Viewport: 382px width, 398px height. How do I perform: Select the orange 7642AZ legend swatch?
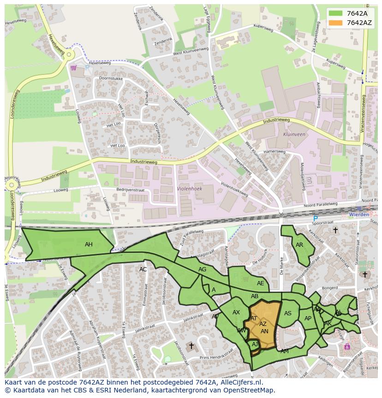click(336, 23)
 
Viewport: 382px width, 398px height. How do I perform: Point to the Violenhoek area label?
click(189, 189)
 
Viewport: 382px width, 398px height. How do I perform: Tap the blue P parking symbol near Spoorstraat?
click(316, 219)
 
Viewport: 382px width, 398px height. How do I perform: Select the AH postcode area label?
click(89, 245)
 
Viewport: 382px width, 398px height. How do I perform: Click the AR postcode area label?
click(299, 245)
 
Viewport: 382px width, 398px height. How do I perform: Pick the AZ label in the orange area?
click(263, 324)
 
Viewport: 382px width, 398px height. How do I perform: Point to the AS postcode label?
click(288, 313)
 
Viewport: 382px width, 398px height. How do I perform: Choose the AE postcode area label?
click(261, 283)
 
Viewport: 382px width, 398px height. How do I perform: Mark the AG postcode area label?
click(202, 269)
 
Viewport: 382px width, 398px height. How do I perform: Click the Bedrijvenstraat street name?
click(131, 190)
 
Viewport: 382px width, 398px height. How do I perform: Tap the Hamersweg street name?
click(275, 152)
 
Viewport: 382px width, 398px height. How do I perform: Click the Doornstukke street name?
click(109, 79)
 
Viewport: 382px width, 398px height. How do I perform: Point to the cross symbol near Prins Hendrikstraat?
click(191, 346)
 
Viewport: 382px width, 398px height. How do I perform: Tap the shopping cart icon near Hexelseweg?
click(73, 67)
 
